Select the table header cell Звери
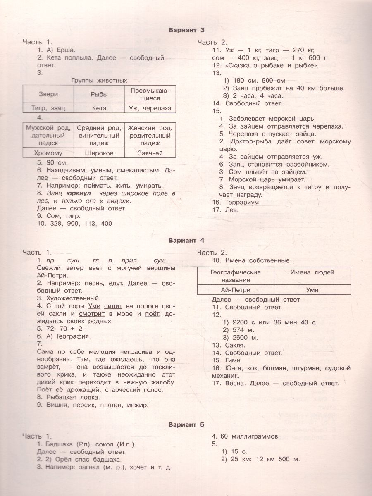[48, 94]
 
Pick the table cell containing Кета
[99, 108]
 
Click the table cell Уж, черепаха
[150, 108]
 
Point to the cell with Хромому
[48, 153]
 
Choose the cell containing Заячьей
[150, 153]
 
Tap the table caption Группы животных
[99, 80]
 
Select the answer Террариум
[242, 202]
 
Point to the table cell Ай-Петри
[236, 290]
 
